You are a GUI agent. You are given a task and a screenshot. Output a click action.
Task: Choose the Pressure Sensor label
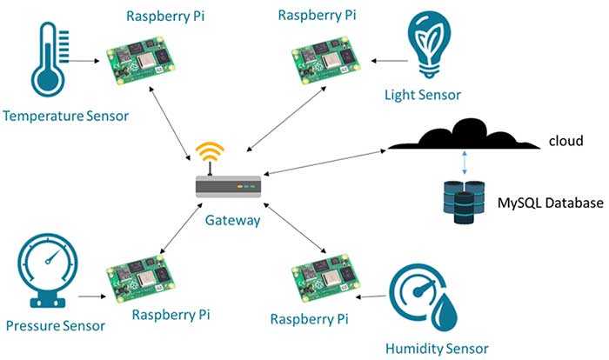pyautogui.click(x=55, y=326)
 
